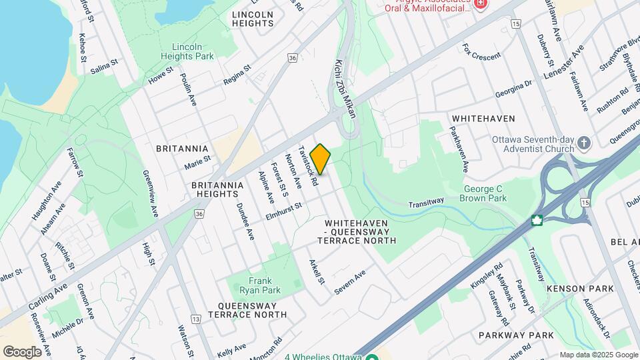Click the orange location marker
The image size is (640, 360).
(320, 159)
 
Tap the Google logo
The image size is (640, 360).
(22, 351)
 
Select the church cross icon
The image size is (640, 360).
(584, 143)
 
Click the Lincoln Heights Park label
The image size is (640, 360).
(193, 51)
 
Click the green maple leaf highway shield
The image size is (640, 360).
(535, 220)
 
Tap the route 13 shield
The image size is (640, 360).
(195, 319)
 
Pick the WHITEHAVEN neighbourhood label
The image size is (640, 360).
(483, 118)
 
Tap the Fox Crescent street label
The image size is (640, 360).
(481, 53)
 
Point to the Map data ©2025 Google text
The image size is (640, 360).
(598, 355)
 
